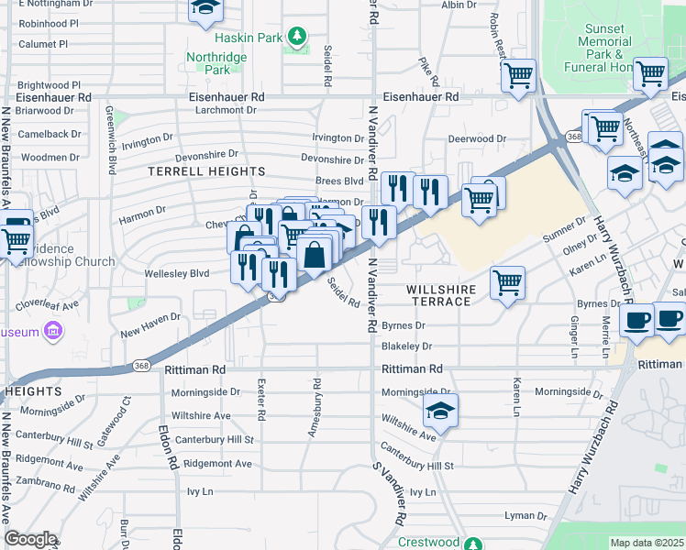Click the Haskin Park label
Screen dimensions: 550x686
(x=248, y=38)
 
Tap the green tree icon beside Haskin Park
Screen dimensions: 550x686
(x=296, y=38)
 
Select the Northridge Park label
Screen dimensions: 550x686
(x=216, y=62)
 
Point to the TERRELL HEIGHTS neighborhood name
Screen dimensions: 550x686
(x=207, y=171)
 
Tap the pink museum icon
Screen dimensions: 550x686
(x=54, y=329)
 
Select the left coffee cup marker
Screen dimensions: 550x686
(x=636, y=321)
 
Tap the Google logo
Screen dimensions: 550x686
(x=30, y=539)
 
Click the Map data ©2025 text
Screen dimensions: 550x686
(x=647, y=543)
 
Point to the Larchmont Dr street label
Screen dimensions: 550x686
(x=226, y=111)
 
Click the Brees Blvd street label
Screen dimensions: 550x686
(x=339, y=181)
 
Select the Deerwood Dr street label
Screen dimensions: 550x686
(x=477, y=139)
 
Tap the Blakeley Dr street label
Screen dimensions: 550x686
(x=406, y=346)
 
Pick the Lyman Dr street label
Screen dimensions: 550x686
(x=526, y=517)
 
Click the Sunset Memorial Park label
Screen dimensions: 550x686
(x=609, y=48)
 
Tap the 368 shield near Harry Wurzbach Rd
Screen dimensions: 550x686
(x=573, y=137)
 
